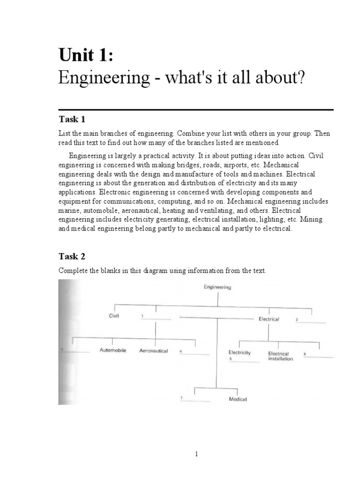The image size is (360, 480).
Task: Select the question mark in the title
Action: point(300,78)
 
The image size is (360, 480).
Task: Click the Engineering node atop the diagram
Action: point(217,287)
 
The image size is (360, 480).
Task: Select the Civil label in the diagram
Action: point(114,316)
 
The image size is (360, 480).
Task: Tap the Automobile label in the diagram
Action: point(113,351)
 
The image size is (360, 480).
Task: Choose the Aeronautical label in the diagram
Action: point(153,351)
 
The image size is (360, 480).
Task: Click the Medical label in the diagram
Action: point(238,399)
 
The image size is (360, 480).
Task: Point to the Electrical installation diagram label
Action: point(281,356)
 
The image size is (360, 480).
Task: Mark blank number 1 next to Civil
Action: point(156,318)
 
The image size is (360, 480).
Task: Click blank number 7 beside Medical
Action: point(196,400)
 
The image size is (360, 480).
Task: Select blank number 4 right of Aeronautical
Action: point(195,353)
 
